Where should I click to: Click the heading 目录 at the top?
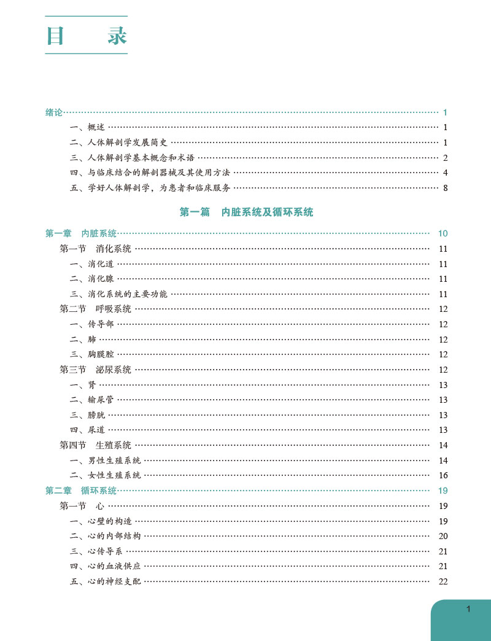pos(86,36)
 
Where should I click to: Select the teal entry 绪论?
pos(54,112)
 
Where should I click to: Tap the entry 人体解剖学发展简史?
pos(123,142)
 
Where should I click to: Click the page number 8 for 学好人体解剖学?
pos(446,188)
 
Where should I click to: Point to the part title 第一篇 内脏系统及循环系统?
pos(246,212)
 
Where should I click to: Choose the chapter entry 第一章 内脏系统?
pos(81,233)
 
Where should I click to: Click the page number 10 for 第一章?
pos(443,233)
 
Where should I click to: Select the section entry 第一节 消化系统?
pos(95,249)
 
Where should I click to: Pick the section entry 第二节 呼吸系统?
pos(95,309)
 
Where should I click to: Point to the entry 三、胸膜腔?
pos(92,354)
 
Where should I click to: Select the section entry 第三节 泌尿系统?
pos(95,370)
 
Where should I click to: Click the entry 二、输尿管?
pos(92,400)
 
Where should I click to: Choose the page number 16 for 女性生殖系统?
pos(443,475)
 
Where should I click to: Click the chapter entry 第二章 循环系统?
pos(81,491)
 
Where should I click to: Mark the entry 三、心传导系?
pos(97,551)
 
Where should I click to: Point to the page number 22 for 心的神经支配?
pos(443,581)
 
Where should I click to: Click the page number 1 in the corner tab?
pos(468,609)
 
